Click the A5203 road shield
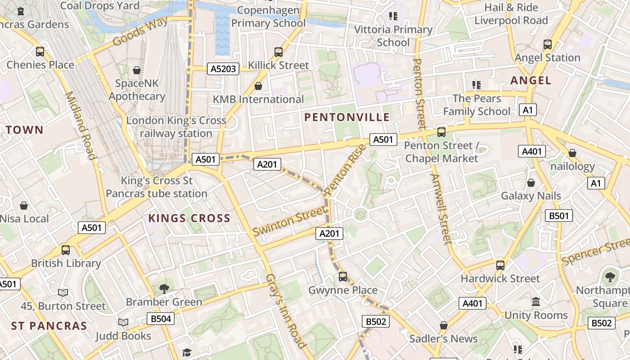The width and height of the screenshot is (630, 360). [x=223, y=69]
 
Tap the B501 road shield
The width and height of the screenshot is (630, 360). [x=559, y=216]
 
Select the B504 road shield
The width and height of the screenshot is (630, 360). [x=161, y=319]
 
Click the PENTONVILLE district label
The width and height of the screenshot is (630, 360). [x=347, y=117]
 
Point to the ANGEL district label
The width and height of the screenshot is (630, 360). [x=531, y=81]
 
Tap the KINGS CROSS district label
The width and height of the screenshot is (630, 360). [x=189, y=219]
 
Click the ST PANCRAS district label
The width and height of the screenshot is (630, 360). [x=49, y=326]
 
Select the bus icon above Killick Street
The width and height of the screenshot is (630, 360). [x=279, y=52]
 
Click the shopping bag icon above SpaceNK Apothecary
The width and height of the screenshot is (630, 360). [x=137, y=70]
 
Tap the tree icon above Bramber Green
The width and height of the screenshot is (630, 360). [x=164, y=288]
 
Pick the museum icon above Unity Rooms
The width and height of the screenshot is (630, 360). [x=536, y=302]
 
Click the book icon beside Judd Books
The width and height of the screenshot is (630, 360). [x=123, y=323]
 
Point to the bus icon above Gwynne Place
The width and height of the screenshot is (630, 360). [x=343, y=277]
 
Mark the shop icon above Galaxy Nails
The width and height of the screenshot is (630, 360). [x=531, y=183]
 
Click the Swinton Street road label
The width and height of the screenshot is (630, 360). [x=289, y=220]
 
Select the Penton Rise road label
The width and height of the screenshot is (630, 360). [x=345, y=170]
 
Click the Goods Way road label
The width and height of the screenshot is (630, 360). [x=140, y=31]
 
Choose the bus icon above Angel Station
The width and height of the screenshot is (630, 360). [x=547, y=45]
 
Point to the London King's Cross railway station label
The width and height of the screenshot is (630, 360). [x=176, y=127]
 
